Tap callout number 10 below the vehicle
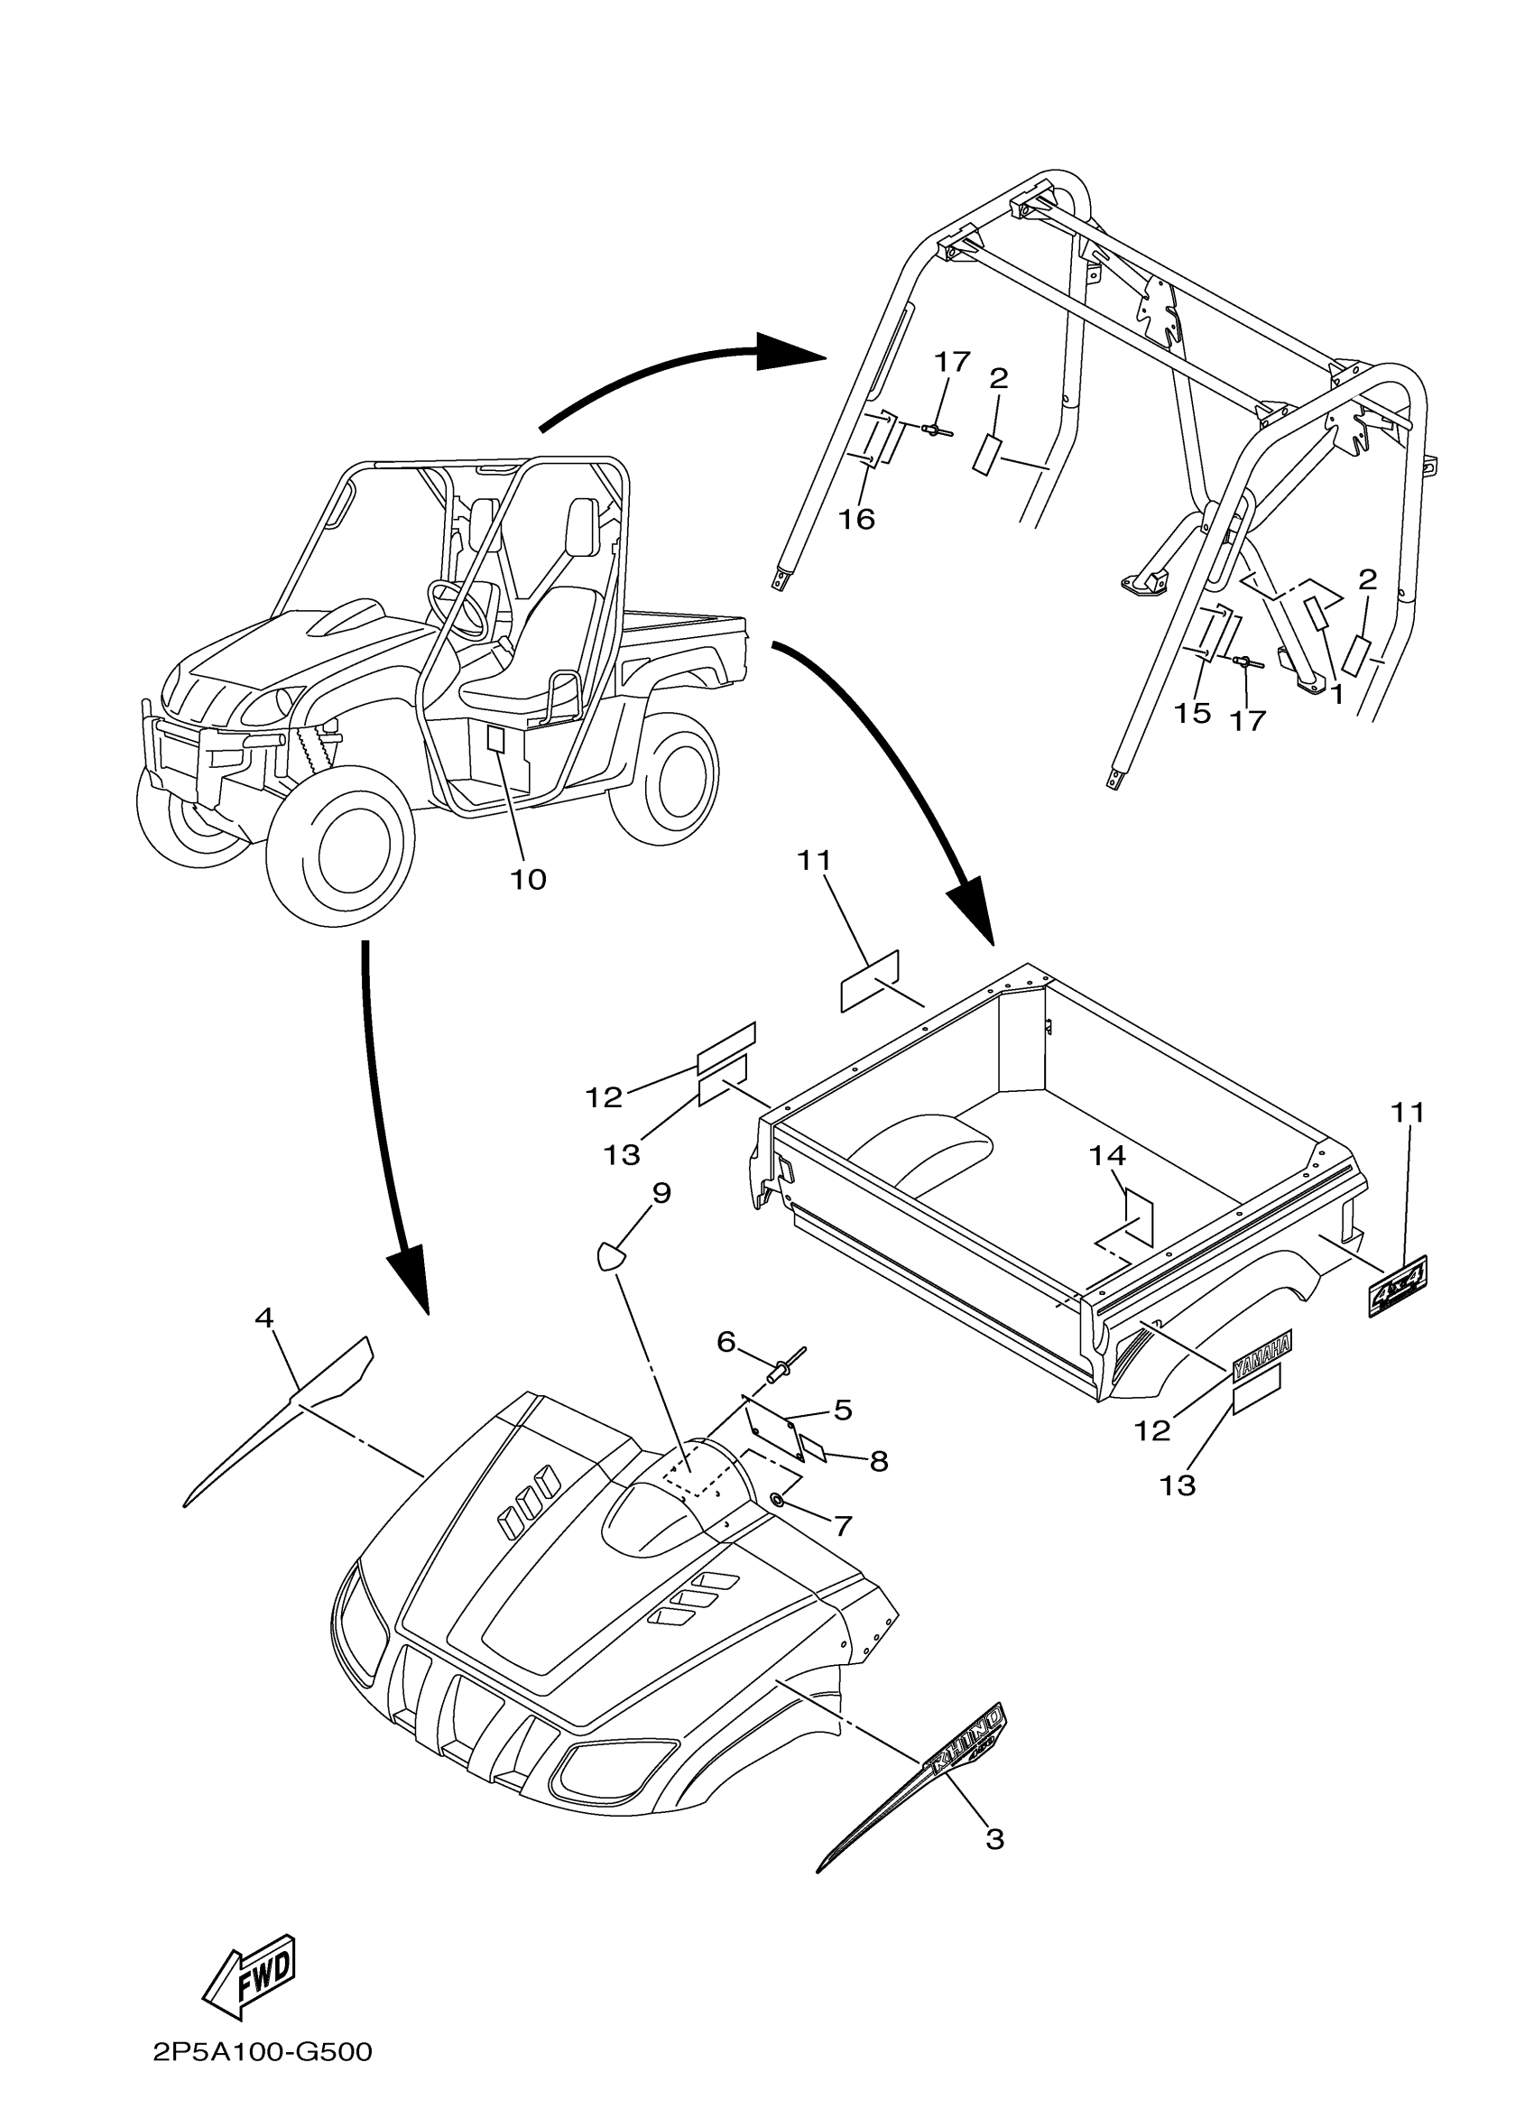coord(528,880)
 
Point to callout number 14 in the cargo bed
coord(1108,1155)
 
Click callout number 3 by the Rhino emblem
coord(995,1839)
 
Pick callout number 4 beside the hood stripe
coord(264,1318)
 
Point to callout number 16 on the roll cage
coord(856,518)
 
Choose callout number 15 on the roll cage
coord(1192,713)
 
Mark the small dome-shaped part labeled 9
coord(609,1255)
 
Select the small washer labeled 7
coord(777,1498)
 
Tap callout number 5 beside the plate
coord(842,1410)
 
